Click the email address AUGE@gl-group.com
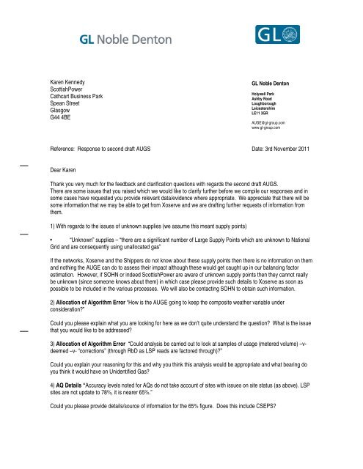point(268,123)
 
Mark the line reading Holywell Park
point(265,94)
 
